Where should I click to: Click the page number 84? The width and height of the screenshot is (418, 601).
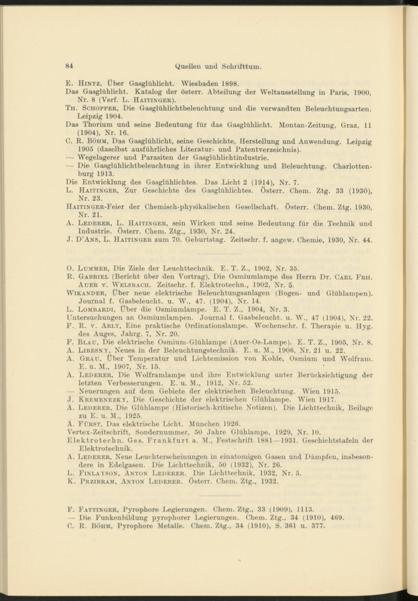pos(70,66)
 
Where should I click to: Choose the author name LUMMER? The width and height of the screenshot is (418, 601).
pos(93,268)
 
